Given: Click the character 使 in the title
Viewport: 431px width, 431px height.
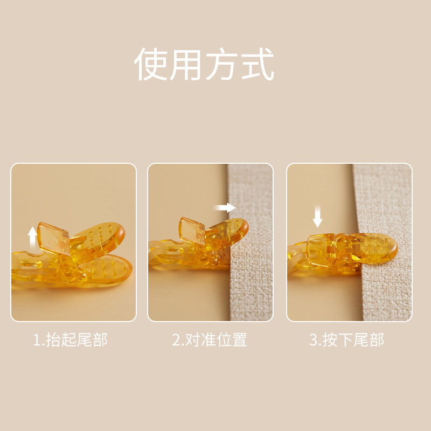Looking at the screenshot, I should coord(151,65).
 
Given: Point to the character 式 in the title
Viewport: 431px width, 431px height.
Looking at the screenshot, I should coord(258,65).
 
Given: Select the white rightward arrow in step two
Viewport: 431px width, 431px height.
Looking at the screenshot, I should coord(224,207).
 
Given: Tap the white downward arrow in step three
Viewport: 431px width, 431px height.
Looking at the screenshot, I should coord(318,218).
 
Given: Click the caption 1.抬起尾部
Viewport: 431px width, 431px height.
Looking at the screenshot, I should coord(71,340).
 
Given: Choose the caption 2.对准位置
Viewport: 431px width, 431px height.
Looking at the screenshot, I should coord(210,340).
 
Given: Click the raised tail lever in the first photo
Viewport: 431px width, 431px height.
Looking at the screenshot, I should coord(54,237).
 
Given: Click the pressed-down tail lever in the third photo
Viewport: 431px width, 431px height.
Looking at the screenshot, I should coord(320,247).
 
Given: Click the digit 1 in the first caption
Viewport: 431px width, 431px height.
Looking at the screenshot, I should coord(36,340).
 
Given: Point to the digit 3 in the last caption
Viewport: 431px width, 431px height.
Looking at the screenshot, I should coord(313,340).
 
